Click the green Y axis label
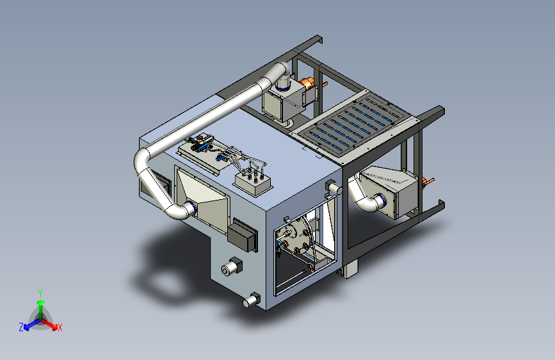pyautogui.click(x=40, y=293)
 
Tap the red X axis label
pyautogui.click(x=60, y=327)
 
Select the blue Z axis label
pyautogui.click(x=21, y=327)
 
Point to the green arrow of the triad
pyautogui.click(x=41, y=308)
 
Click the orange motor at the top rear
pyautogui.click(x=309, y=84)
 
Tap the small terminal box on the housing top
pyautogui.click(x=253, y=183)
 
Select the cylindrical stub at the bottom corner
pyautogui.click(x=252, y=300)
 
